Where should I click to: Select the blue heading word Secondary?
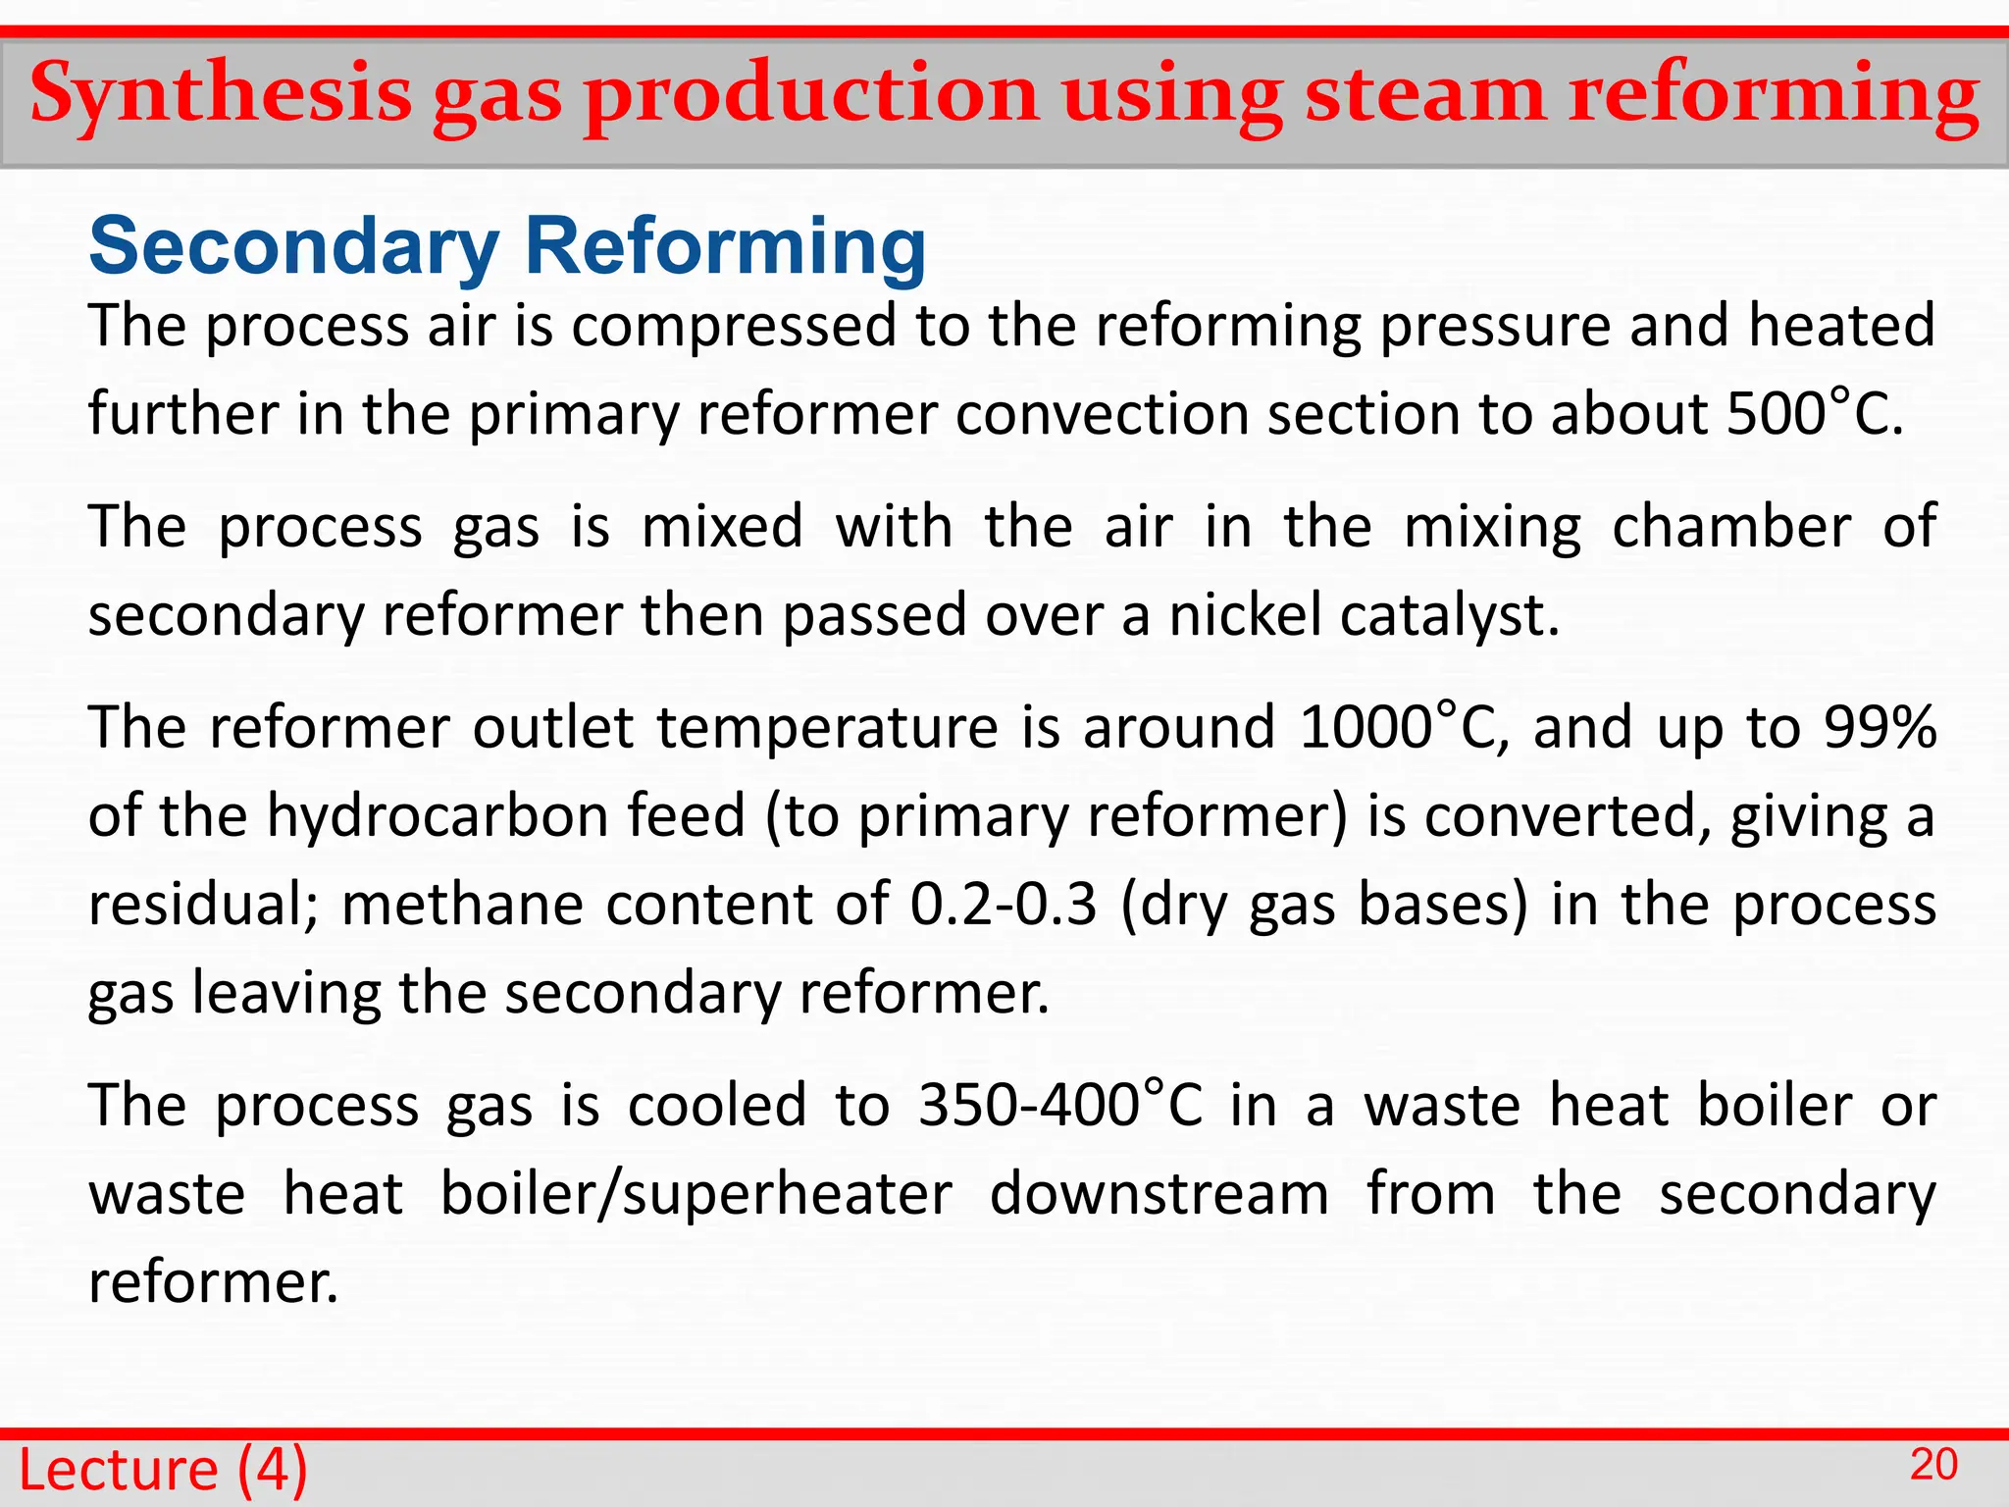(x=293, y=246)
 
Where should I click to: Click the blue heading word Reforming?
(x=725, y=246)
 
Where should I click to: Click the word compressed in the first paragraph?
(x=734, y=327)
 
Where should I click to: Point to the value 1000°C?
(x=1402, y=728)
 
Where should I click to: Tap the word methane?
(x=461, y=905)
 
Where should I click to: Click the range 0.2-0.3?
(x=1003, y=905)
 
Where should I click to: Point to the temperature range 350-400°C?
(x=1059, y=1106)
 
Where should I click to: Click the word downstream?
(x=1159, y=1194)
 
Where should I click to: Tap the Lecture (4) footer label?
(x=163, y=1470)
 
